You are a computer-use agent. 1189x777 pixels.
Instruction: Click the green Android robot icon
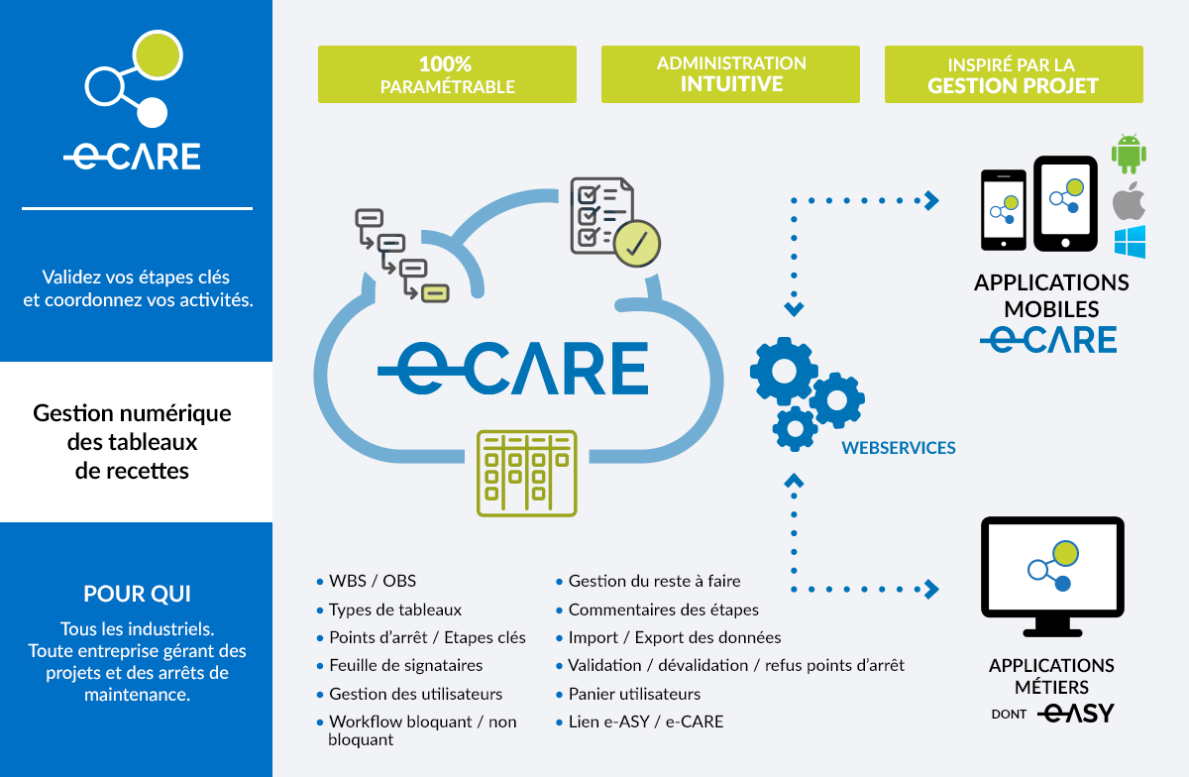click(x=1129, y=154)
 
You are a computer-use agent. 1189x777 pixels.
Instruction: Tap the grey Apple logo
click(x=1129, y=201)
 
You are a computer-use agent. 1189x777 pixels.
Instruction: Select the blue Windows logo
click(x=1130, y=242)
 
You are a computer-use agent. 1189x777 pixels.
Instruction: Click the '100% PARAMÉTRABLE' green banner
click(x=447, y=74)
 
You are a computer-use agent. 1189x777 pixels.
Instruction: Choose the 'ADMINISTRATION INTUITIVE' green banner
click(x=730, y=74)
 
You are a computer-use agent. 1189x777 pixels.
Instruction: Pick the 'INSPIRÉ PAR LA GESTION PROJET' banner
click(x=1014, y=74)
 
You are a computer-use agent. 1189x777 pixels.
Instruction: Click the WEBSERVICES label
click(x=898, y=448)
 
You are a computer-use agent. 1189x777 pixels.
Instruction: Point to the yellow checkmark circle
click(x=636, y=244)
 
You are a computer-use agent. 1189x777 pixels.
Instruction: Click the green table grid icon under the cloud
click(x=526, y=473)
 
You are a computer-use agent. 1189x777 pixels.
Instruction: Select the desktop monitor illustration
click(x=1052, y=576)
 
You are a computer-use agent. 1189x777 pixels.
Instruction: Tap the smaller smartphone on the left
click(x=1003, y=210)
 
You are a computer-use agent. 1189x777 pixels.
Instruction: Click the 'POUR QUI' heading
click(x=137, y=594)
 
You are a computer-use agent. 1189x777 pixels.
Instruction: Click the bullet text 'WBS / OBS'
click(x=373, y=581)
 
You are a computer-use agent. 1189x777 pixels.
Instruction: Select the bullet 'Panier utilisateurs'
click(x=634, y=694)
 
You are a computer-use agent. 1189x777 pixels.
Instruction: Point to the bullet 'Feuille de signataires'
click(x=405, y=665)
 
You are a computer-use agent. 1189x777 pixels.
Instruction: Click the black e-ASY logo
click(x=1075, y=714)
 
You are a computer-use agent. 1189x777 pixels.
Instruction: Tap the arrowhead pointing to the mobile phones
click(x=931, y=201)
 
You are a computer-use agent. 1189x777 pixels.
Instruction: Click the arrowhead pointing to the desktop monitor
click(x=931, y=589)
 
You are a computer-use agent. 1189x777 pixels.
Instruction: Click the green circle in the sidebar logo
click(x=158, y=55)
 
